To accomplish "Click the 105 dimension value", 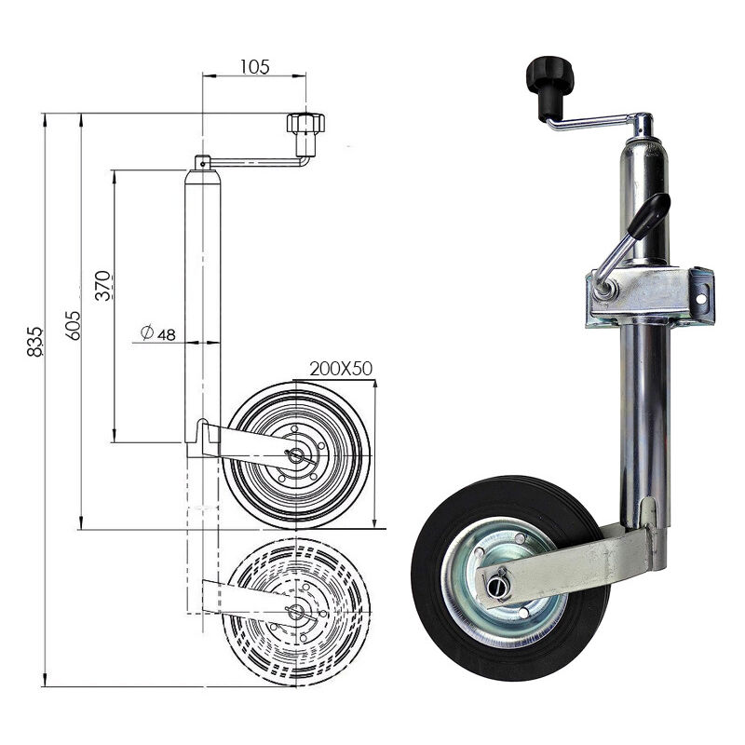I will click(x=254, y=66).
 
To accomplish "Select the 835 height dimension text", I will click(x=34, y=342).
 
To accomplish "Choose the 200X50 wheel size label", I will click(x=341, y=369).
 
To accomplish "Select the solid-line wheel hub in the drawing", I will click(x=296, y=455).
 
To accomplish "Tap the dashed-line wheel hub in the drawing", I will click(x=296, y=612).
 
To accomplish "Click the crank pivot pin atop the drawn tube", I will click(x=202, y=161).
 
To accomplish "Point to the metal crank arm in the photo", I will click(x=596, y=120).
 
